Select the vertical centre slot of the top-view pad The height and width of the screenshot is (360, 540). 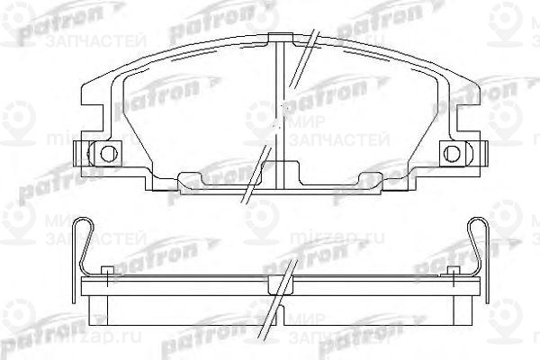280,108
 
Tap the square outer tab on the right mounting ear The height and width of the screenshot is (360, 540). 469,152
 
